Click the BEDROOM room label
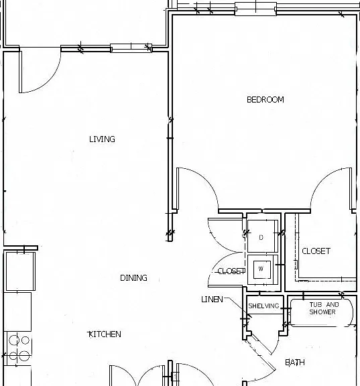(265, 100)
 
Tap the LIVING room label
(102, 139)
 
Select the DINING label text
(133, 278)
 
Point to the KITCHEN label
(105, 334)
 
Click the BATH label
(295, 363)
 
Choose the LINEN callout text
(212, 300)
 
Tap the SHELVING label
(263, 306)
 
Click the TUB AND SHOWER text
(324, 308)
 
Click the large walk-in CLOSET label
(316, 251)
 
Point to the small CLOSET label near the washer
(231, 271)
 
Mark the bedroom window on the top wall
(255, 9)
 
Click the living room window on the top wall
(131, 48)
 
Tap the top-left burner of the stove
(14, 340)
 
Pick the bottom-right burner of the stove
(25, 356)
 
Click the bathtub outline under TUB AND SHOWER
(322, 313)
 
